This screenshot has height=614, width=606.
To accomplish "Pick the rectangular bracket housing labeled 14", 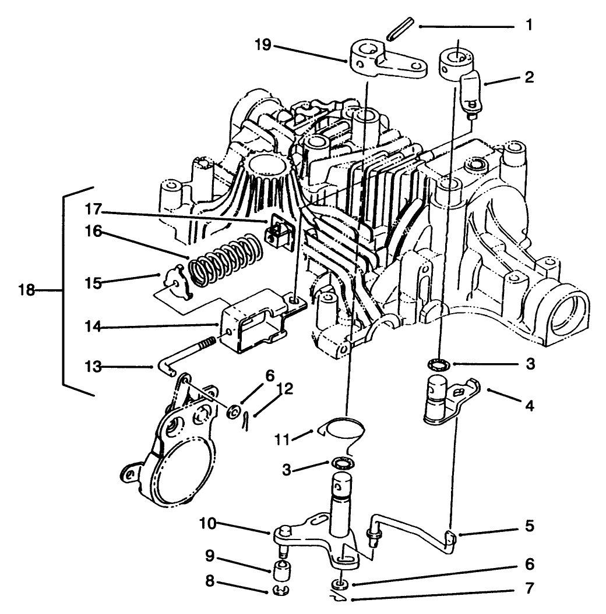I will [x=251, y=320].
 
